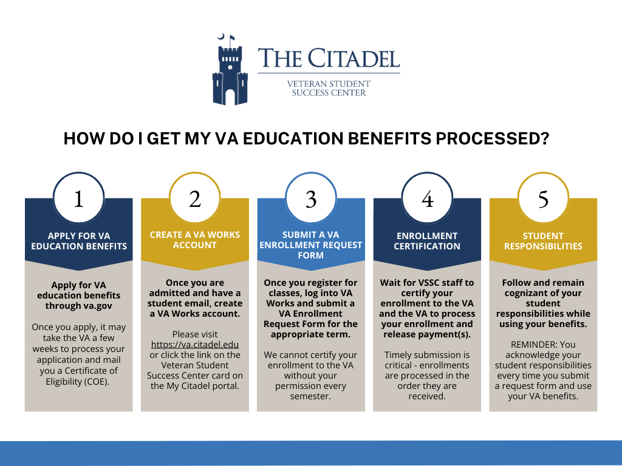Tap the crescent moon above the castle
221,37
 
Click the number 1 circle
78,198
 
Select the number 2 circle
195,198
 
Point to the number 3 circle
311,198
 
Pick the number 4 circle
427,198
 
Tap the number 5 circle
543,198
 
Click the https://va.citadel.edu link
195,345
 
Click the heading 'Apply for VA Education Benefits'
79,241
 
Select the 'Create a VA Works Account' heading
195,240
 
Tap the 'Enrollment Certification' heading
427,241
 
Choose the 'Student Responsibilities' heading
543,241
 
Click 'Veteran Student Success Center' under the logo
329,89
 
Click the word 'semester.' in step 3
310,396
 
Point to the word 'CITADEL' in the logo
354,58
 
